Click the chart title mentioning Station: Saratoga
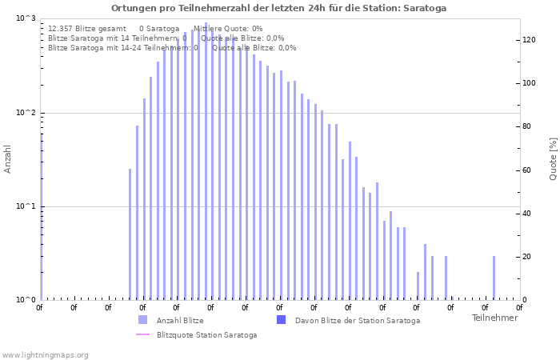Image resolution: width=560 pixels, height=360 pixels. click(279, 8)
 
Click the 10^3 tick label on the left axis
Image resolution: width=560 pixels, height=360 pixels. click(26, 18)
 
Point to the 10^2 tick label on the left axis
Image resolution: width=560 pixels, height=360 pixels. click(26, 113)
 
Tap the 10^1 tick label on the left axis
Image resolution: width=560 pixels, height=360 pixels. click(26, 206)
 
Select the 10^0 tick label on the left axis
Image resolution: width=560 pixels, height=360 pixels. click(26, 300)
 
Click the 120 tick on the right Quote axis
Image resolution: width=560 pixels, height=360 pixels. click(529, 40)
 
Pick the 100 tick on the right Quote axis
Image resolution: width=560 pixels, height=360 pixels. click(529, 83)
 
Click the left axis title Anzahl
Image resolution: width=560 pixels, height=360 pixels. click(8, 158)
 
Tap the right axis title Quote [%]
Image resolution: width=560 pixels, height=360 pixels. click(553, 158)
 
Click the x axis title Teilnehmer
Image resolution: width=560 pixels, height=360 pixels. click(494, 318)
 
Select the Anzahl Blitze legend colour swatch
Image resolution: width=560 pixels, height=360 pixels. click(142, 320)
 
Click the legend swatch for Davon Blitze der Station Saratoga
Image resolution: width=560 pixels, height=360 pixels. click(281, 320)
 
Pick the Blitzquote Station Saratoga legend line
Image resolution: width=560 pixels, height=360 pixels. click(142, 334)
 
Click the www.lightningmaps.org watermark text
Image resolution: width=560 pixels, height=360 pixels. click(46, 354)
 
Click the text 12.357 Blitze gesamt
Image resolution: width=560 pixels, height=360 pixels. click(87, 28)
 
